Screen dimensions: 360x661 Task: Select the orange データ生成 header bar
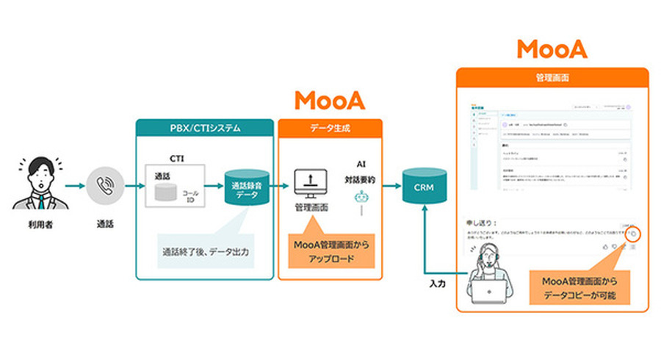click(330, 127)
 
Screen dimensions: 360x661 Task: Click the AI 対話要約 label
click(360, 173)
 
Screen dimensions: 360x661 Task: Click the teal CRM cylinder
click(424, 187)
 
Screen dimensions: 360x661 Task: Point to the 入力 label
click(438, 281)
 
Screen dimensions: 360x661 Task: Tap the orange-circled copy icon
click(634, 234)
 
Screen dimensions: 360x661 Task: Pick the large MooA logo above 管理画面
click(552, 48)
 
